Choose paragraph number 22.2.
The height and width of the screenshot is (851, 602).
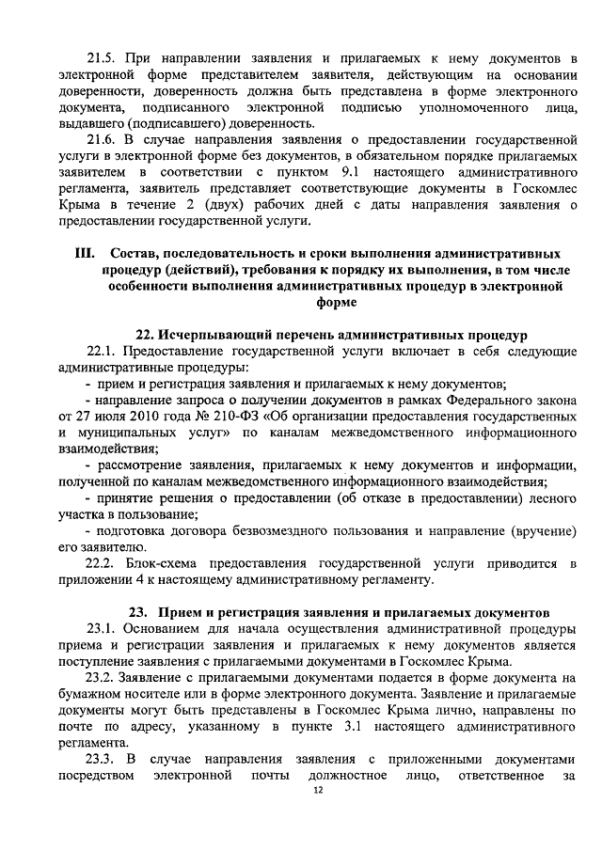click(x=103, y=563)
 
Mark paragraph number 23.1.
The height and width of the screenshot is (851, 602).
click(x=103, y=627)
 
